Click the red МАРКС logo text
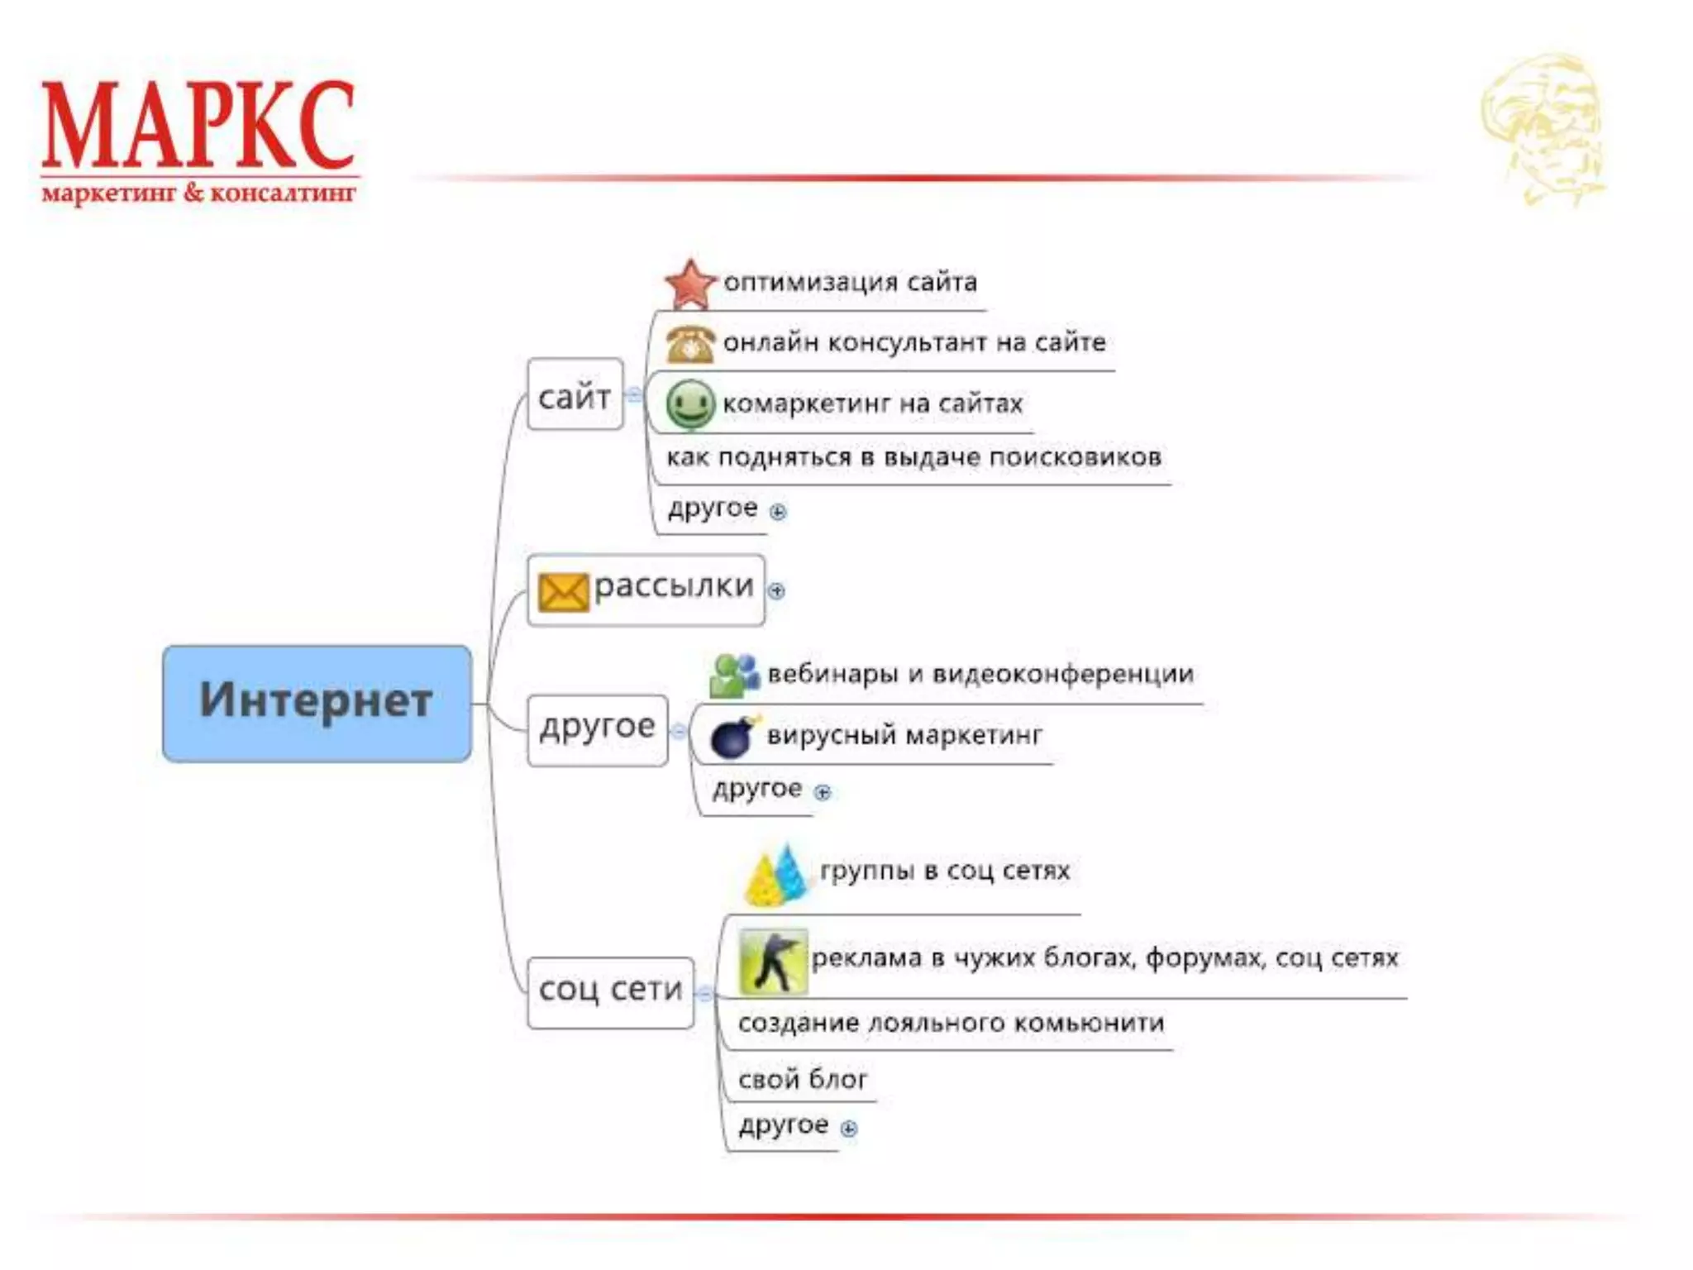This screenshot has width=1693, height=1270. [198, 126]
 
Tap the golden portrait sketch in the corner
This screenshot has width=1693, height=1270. [1543, 128]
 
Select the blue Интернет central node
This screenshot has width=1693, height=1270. [317, 703]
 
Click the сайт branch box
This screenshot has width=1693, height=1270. [575, 395]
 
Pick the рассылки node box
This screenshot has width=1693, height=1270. [646, 590]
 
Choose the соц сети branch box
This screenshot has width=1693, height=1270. [610, 991]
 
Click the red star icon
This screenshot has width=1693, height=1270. [689, 284]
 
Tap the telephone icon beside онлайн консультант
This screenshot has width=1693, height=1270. [690, 344]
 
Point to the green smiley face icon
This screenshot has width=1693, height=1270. [689, 404]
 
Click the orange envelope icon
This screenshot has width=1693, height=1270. [563, 592]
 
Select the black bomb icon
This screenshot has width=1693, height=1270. [732, 737]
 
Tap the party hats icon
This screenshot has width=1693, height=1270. [776, 876]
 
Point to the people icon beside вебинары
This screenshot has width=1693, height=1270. [733, 676]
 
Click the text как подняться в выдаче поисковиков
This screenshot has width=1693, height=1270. [913, 457]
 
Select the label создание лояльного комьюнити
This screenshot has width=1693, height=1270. [951, 1024]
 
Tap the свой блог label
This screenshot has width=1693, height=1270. [803, 1079]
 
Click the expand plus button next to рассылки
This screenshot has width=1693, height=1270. [776, 590]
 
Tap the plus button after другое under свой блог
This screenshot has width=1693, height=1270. [849, 1128]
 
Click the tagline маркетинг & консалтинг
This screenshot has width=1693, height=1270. [198, 194]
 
